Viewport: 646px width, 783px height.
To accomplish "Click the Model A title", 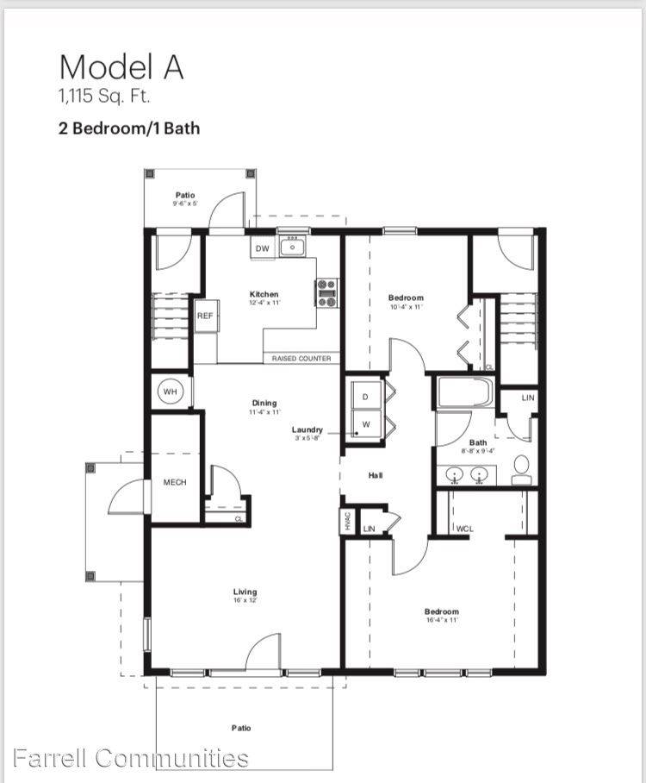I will [x=121, y=66].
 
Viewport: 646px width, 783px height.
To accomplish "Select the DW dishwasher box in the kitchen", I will [x=262, y=248].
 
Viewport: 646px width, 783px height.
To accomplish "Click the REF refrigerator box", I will [x=205, y=316].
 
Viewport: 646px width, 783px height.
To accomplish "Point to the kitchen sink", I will [x=293, y=247].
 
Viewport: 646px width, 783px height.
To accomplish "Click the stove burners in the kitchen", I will [x=327, y=293].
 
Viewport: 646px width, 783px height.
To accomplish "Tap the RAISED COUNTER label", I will [x=301, y=358].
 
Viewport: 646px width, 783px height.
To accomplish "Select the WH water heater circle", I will [x=171, y=392].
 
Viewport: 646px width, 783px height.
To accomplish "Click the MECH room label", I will [x=175, y=482].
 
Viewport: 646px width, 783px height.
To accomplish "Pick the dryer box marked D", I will [x=364, y=396].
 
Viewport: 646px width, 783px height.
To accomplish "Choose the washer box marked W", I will [x=364, y=423].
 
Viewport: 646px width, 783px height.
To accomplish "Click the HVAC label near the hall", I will [x=348, y=522].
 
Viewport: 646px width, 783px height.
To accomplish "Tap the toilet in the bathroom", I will [x=521, y=471].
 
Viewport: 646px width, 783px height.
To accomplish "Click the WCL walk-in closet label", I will [x=466, y=528].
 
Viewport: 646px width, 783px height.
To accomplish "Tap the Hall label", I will [x=376, y=475].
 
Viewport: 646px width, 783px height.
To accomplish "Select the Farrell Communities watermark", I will [x=131, y=758].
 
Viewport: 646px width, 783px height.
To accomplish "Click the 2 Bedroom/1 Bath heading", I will [x=128, y=129].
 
